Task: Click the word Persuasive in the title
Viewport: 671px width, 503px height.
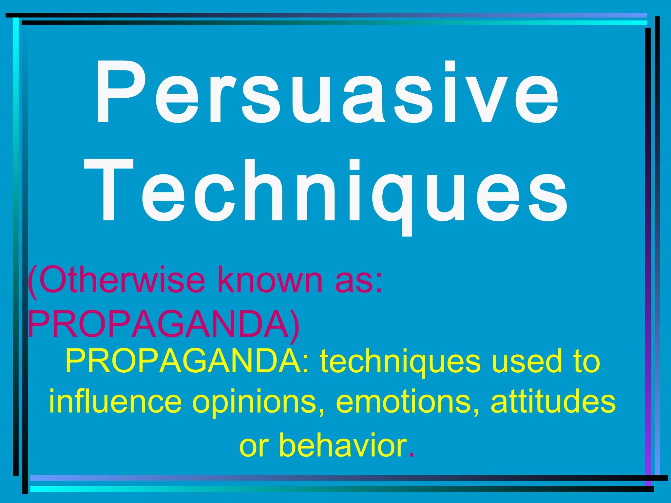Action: tap(327, 93)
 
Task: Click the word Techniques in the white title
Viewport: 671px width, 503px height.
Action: tap(326, 192)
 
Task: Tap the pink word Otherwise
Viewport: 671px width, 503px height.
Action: tap(116, 281)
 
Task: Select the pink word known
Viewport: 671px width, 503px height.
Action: tap(270, 281)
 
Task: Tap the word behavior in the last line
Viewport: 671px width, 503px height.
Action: tap(342, 445)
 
